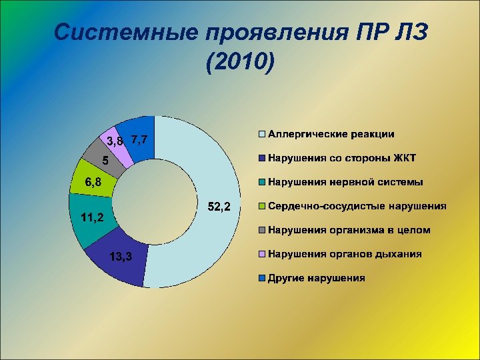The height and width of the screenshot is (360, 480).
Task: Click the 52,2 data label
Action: coord(219,207)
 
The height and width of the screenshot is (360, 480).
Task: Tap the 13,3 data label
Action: coord(120,257)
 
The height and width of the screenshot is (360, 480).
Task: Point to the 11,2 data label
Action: coord(87,217)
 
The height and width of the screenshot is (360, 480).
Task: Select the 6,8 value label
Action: coord(93,182)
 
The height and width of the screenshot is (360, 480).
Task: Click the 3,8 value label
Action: coord(115,141)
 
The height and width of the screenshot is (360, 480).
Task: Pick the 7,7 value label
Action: coord(143,139)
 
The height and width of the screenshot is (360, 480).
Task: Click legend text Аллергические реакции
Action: coord(331,134)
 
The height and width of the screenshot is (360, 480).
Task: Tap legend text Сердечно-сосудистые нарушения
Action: coord(357,206)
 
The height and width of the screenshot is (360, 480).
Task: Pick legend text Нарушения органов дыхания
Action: coord(345,254)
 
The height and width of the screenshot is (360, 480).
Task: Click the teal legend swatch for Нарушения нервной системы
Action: coord(263,182)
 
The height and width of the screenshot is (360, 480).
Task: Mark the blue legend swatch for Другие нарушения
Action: coord(263,278)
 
